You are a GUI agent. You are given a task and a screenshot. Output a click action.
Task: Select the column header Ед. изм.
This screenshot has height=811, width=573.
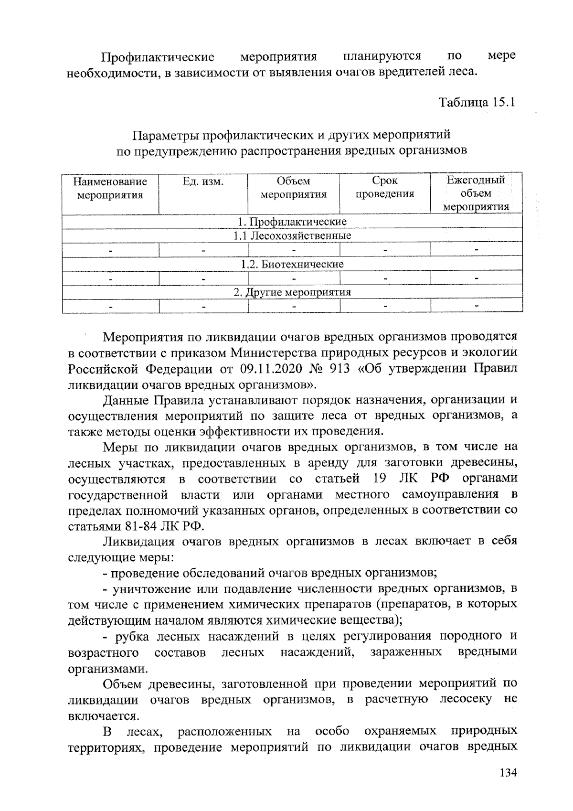coord(203,181)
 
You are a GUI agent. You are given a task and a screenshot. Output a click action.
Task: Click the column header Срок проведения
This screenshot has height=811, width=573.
coord(385,187)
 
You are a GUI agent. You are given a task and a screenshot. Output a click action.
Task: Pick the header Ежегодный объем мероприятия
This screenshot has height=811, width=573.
coord(476,193)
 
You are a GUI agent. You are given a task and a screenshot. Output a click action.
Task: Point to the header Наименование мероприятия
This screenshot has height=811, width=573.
coord(110,188)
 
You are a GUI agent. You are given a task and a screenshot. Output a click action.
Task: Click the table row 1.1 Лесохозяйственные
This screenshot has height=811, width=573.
coord(292,236)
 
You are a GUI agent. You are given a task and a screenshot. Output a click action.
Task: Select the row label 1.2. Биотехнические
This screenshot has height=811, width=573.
coord(292,264)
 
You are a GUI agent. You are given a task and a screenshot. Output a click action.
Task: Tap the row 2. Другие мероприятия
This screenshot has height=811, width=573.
coord(292,292)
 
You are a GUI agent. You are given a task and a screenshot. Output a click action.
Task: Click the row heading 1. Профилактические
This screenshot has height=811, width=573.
coord(292,222)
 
